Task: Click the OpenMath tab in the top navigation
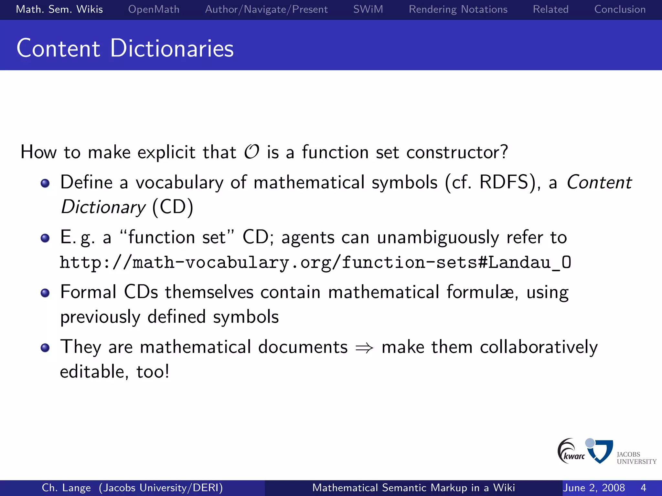pyautogui.click(x=154, y=9)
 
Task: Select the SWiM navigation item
pyautogui.click(x=368, y=9)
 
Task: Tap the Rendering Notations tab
pyautogui.click(x=458, y=9)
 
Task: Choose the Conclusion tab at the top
pyautogui.click(x=620, y=9)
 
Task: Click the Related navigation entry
pyautogui.click(x=550, y=9)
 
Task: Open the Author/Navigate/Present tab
pyautogui.click(x=266, y=9)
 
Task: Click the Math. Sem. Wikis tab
pyautogui.click(x=59, y=9)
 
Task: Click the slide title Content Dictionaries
pyautogui.click(x=125, y=48)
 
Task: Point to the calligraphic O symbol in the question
pyautogui.click(x=251, y=152)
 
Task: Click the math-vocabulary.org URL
pyautogui.click(x=315, y=263)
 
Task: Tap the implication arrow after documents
pyautogui.click(x=364, y=348)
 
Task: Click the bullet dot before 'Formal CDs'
pyautogui.click(x=45, y=293)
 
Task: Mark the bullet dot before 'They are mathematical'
pyautogui.click(x=45, y=348)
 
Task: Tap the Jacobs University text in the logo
pyautogui.click(x=636, y=458)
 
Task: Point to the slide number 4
pyautogui.click(x=643, y=488)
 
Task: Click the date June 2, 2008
pyautogui.click(x=594, y=488)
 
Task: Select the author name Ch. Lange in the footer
pyautogui.click(x=66, y=488)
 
